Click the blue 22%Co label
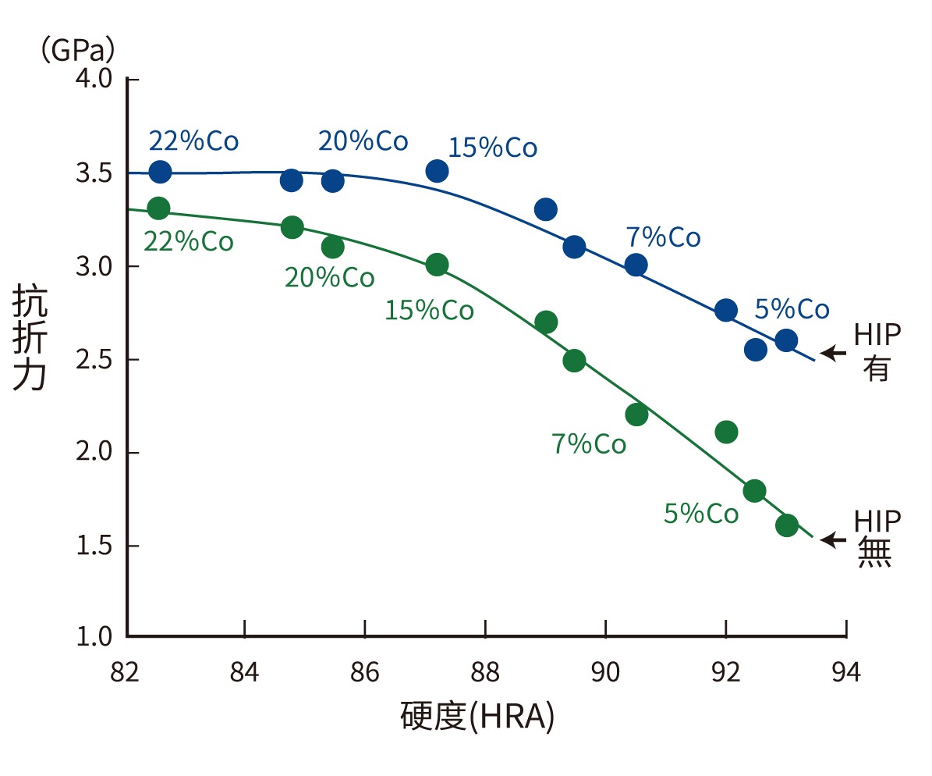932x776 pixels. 193,141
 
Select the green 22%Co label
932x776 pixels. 188,241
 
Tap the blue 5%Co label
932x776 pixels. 792,309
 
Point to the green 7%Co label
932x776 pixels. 589,444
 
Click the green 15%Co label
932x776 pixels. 429,311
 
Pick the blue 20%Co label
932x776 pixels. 363,141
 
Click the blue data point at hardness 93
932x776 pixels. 785,340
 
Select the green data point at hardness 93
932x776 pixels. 786,525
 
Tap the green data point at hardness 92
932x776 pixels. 726,432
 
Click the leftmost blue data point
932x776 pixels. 160,172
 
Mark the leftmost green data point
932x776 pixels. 158,208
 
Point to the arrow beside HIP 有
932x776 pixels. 833,354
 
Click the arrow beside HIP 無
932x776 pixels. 833,539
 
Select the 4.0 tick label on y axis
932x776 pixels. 94,80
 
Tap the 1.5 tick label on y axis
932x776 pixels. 94,546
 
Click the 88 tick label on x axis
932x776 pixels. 485,672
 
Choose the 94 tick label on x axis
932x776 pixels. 845,672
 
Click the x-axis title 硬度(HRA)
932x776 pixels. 477,716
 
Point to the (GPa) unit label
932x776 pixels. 78,51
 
